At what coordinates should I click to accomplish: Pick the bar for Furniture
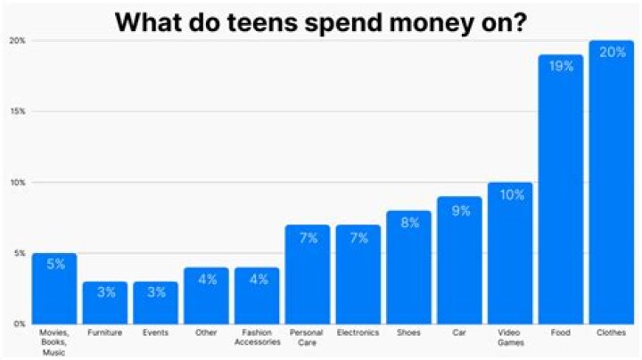click(105, 303)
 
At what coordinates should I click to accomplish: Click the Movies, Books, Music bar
click(54, 289)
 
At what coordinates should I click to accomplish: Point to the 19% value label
click(560, 67)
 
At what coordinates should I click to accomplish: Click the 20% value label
click(611, 53)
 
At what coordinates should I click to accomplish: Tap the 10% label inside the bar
click(510, 194)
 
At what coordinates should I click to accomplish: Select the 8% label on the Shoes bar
click(408, 223)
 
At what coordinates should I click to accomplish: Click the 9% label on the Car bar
click(459, 209)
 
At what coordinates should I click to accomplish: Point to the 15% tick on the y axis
click(17, 111)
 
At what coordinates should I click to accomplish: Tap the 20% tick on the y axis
click(17, 41)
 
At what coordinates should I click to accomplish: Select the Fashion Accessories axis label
click(257, 337)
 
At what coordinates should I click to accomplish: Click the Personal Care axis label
click(307, 337)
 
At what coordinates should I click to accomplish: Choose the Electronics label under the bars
click(358, 332)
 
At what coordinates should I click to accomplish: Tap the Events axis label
click(155, 332)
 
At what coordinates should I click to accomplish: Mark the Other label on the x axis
click(206, 332)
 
